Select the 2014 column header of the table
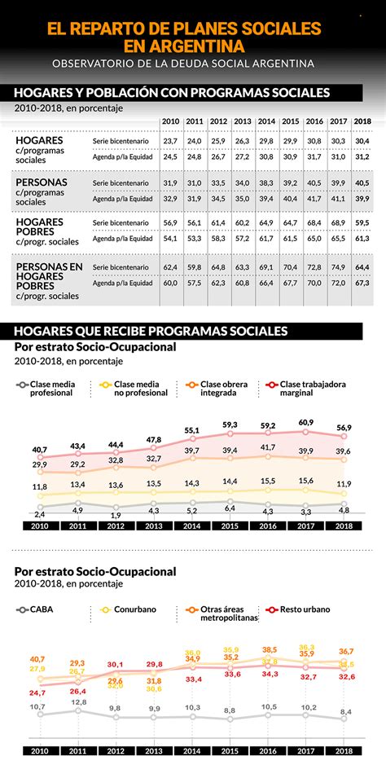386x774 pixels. pos(265,122)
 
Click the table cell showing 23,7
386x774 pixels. pos(170,141)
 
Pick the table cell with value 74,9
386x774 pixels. pos(338,267)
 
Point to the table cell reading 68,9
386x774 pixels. pos(338,222)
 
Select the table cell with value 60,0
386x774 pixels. pos(170,284)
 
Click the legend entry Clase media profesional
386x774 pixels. pos(51,388)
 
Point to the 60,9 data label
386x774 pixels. pos(306,422)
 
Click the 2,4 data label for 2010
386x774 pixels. pos(39,514)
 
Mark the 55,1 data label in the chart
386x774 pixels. pos(192,430)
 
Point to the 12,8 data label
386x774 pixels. pos(78,702)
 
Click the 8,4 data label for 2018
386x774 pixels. pos(346,712)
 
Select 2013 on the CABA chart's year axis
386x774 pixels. pos(155,751)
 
